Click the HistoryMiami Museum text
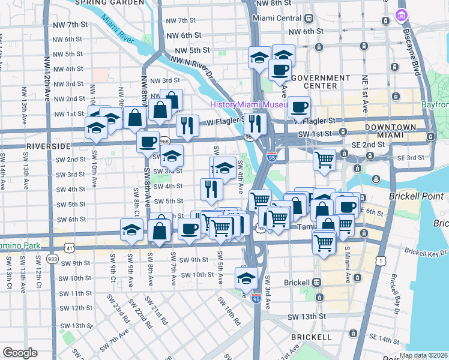pyautogui.click(x=250, y=104)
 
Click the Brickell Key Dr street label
pyautogui.click(x=426, y=253)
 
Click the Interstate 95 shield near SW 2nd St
pyautogui.click(x=272, y=157)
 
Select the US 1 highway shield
pyautogui.click(x=379, y=260)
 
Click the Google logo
pyautogui.click(x=20, y=353)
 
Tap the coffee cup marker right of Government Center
pyautogui.click(x=299, y=107)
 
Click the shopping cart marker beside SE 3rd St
pyautogui.click(x=324, y=159)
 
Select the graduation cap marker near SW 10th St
pyautogui.click(x=246, y=278)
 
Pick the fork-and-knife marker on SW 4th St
pyautogui.click(x=211, y=189)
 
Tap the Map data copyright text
pyautogui.click(x=424, y=355)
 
